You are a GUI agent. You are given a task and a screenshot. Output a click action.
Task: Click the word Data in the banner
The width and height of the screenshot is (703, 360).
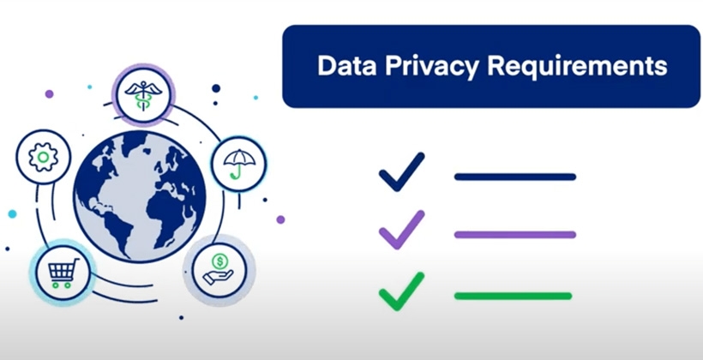point(342,66)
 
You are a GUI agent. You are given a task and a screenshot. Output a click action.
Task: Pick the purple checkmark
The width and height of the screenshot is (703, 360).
point(401,229)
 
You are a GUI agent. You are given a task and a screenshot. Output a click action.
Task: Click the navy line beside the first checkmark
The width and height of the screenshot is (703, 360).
point(514,177)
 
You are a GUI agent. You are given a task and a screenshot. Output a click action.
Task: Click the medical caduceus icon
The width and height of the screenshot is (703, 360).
point(143,93)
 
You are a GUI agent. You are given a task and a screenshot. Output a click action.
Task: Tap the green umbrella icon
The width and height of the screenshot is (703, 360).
point(237,163)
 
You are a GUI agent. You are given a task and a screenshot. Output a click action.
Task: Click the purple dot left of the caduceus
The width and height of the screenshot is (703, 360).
point(49,93)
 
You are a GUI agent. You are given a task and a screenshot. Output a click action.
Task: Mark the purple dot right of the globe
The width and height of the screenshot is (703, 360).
point(280,219)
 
